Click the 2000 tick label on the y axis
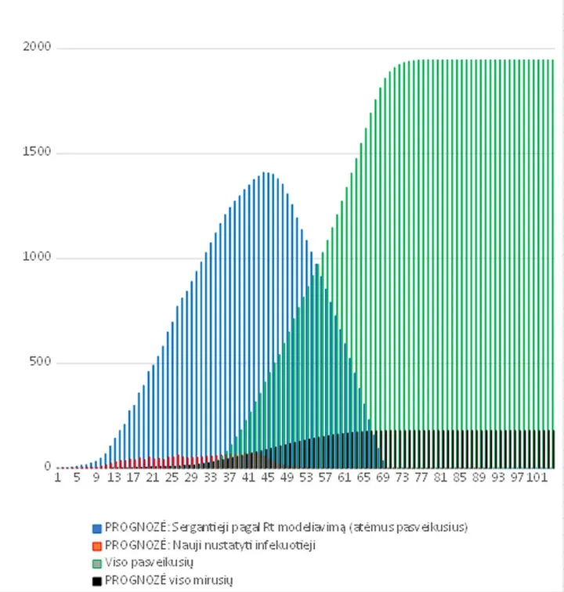coord(37,46)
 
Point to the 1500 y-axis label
coord(37,151)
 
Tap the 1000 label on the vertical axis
coord(37,256)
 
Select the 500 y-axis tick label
coord(40,361)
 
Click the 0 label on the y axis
coord(48,466)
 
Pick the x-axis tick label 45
coord(268,478)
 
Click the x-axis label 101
coord(537,478)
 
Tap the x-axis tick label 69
coord(383,478)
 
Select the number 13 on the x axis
coord(114,478)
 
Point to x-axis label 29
coord(191,478)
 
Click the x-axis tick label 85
coord(460,478)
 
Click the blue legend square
coord(97,529)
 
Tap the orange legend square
coord(97,546)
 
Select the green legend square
coord(97,564)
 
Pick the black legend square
coord(97,581)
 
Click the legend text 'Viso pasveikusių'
coord(149,562)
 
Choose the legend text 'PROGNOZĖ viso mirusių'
coord(169,580)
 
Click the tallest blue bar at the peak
coord(264,320)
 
